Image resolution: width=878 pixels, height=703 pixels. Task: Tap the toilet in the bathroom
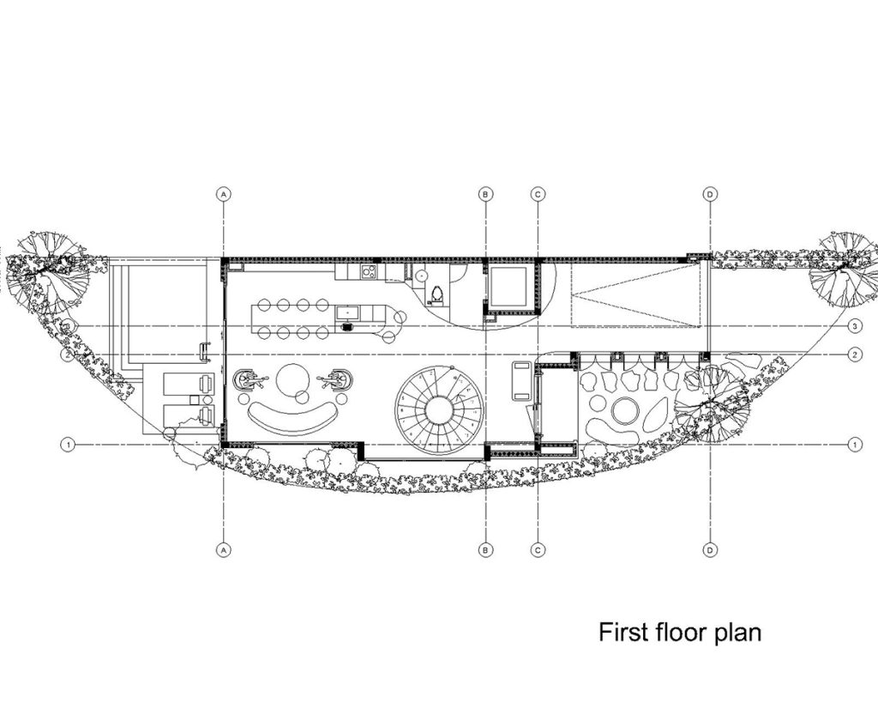[x=437, y=294]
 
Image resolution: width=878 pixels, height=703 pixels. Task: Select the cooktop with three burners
[x=369, y=272]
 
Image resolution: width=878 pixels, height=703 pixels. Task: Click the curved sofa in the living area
[x=292, y=418]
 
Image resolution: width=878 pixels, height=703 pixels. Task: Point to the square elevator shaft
[x=508, y=286]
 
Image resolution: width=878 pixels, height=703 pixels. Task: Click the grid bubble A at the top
[x=224, y=195]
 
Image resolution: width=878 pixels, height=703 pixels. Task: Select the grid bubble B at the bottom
[x=485, y=550]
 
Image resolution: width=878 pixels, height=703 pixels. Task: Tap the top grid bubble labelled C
[x=538, y=195]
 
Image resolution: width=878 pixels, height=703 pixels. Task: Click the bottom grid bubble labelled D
[x=709, y=550]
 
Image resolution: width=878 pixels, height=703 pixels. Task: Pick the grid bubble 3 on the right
[x=855, y=325]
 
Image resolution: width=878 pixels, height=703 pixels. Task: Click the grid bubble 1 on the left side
[x=68, y=445]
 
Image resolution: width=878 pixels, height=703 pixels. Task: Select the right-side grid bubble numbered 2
[x=855, y=355]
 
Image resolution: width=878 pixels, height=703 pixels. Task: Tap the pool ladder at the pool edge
[x=205, y=351]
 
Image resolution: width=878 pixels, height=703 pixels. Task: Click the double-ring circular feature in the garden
[x=624, y=411]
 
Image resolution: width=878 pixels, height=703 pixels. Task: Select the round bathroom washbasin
[x=422, y=276]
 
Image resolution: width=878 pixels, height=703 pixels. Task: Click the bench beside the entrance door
[x=522, y=381]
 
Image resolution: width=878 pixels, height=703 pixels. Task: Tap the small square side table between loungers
[x=195, y=400]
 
